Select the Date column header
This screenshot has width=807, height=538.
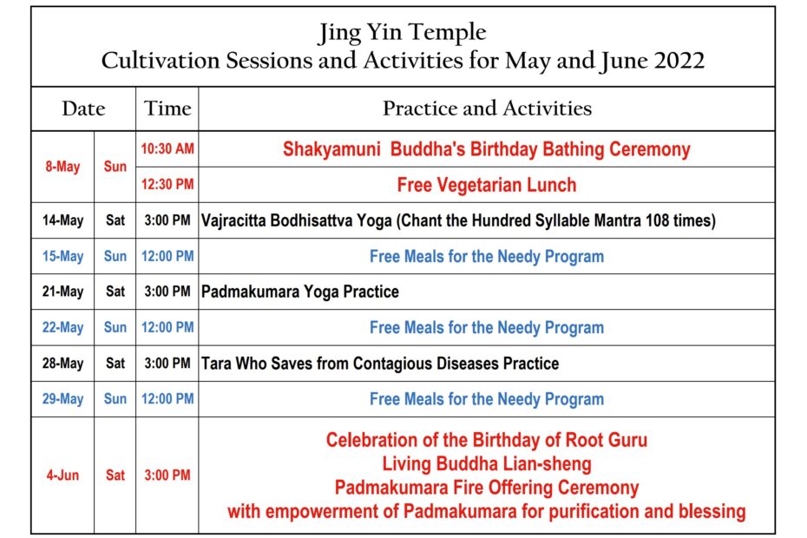pyautogui.click(x=83, y=108)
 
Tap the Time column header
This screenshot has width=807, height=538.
pyautogui.click(x=167, y=108)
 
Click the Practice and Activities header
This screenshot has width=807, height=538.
pyautogui.click(x=487, y=108)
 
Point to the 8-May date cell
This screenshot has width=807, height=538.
pyautogui.click(x=62, y=167)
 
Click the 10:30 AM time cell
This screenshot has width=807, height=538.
pyautogui.click(x=167, y=148)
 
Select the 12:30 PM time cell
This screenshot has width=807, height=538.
pyautogui.click(x=167, y=184)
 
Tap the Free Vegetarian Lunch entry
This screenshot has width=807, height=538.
pyautogui.click(x=486, y=185)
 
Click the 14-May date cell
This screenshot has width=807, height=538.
pyautogui.click(x=62, y=220)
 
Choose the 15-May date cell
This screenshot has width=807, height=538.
pyautogui.click(x=62, y=256)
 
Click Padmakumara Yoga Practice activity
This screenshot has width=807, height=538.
pyautogui.click(x=299, y=292)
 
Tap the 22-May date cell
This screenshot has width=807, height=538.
pyautogui.click(x=62, y=327)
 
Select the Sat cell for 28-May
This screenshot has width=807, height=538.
pyautogui.click(x=115, y=364)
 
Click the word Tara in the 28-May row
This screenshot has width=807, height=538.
pyautogui.click(x=216, y=364)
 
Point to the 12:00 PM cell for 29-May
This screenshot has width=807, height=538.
pyautogui.click(x=167, y=398)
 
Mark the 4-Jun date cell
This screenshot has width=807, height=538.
pyautogui.click(x=62, y=476)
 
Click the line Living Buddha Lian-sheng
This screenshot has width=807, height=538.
pyautogui.click(x=486, y=464)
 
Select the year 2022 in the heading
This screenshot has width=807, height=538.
pyautogui.click(x=679, y=61)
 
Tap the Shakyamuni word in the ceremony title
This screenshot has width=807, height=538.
pyautogui.click(x=331, y=149)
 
